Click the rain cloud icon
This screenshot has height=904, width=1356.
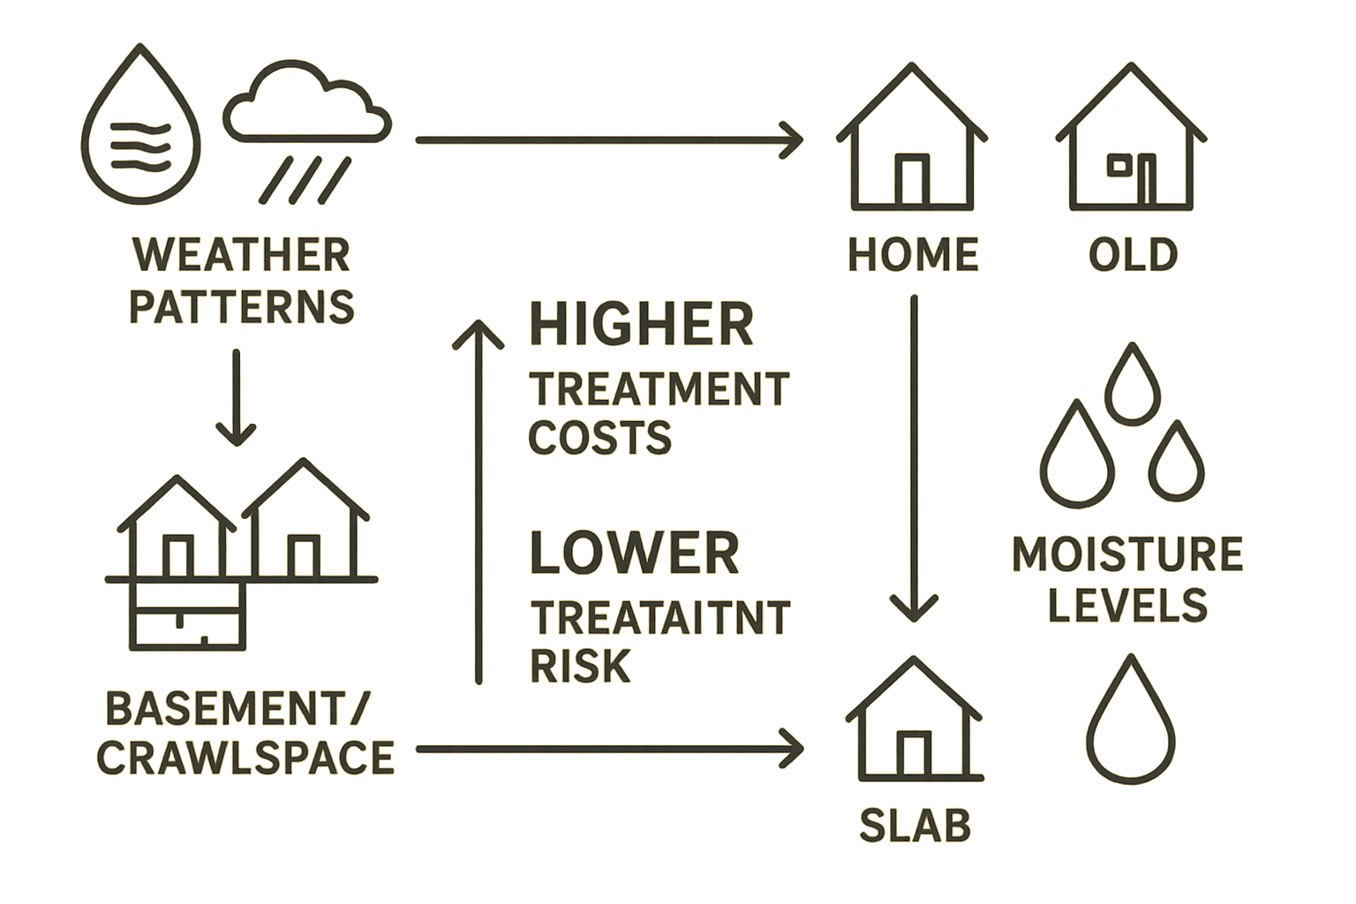306,132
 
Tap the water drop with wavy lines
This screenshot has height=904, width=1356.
140,129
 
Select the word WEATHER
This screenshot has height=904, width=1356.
241,255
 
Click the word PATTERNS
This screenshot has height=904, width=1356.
241,306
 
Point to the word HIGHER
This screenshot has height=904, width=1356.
642,324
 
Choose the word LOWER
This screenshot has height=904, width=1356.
634,553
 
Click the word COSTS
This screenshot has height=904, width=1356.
600,438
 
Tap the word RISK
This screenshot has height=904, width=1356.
580,666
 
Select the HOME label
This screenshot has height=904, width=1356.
913,255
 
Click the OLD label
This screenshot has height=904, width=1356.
1133,255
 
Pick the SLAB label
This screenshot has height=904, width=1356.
915,825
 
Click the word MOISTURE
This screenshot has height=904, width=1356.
1126,554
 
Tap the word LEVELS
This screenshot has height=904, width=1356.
1126,606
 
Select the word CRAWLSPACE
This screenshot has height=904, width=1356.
245,758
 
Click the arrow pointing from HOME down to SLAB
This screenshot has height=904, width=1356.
914,459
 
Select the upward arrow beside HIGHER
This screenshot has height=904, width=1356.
478,503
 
